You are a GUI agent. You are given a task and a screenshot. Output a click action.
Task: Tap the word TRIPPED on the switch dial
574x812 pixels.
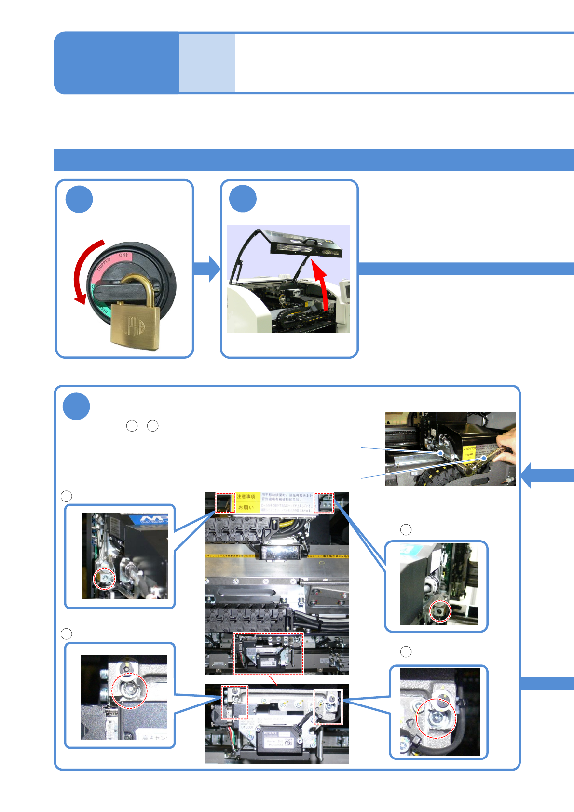point(104,264)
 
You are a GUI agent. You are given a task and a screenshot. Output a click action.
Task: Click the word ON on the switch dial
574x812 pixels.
point(123,255)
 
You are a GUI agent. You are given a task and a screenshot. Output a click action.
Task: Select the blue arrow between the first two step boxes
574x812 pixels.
point(206,269)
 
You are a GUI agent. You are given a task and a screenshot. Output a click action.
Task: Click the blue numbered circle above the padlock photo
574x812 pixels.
point(79,199)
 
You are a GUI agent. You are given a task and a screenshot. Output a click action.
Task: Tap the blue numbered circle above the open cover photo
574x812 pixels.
point(243,199)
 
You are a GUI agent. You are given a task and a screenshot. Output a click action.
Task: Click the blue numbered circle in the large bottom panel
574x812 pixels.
point(76,406)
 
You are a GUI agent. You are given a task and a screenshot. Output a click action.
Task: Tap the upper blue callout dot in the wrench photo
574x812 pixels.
point(440,453)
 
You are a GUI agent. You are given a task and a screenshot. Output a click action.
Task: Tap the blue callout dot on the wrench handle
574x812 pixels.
point(484,458)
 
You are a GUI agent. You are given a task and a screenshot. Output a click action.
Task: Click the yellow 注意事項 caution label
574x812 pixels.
point(246,497)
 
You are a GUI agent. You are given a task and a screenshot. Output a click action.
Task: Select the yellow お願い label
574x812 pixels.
point(246,507)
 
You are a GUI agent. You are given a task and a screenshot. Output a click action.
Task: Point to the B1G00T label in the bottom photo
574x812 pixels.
point(247,727)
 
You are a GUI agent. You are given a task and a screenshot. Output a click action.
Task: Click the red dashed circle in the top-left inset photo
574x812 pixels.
point(105,579)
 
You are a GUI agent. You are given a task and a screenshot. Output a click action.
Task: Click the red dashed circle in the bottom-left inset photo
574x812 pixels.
point(129,690)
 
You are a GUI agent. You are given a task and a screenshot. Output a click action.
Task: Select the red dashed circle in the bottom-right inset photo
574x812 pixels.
point(436,718)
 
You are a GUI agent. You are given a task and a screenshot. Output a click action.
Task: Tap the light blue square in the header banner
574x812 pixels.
point(207,63)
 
